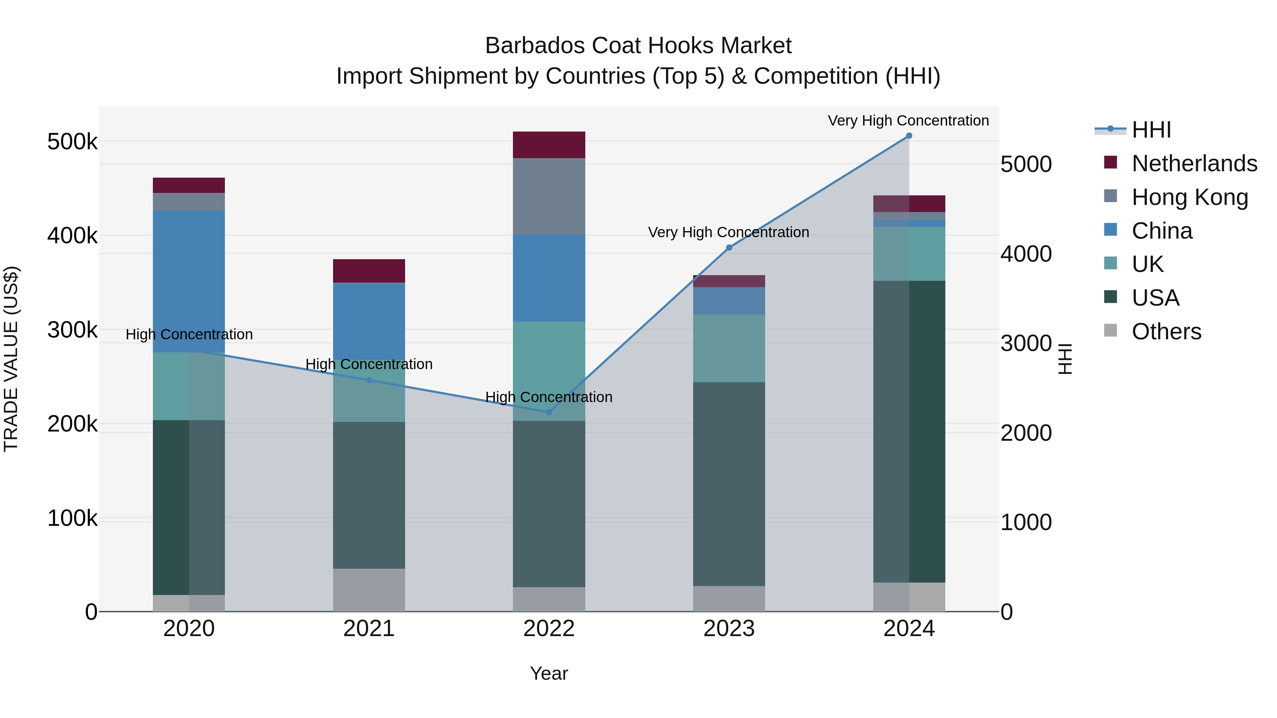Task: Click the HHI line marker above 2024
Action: coord(909,136)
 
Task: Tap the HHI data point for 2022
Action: coord(549,412)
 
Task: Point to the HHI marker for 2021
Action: coord(369,380)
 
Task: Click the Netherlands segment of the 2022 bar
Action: coord(549,145)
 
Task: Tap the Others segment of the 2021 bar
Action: coord(369,590)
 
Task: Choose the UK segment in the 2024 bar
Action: coord(909,254)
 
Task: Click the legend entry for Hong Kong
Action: coord(1189,197)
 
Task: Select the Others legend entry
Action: coord(1166,332)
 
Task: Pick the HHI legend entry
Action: coord(1151,130)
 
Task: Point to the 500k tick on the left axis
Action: coord(72,142)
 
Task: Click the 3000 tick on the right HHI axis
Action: coord(1026,343)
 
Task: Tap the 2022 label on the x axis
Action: coord(549,629)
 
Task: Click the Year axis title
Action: coord(549,673)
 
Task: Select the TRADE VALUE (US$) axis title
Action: coord(11,359)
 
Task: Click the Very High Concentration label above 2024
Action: coord(908,121)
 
